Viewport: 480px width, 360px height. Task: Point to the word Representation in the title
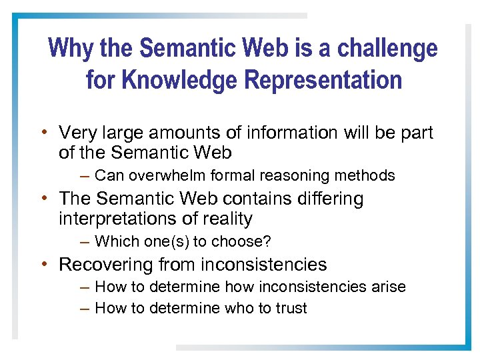coord(323,80)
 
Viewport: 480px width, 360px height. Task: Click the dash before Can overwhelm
coord(83,176)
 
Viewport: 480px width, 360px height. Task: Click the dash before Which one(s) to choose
coord(83,241)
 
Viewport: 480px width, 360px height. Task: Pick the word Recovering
coord(106,265)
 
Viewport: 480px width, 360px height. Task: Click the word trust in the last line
coord(290,308)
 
